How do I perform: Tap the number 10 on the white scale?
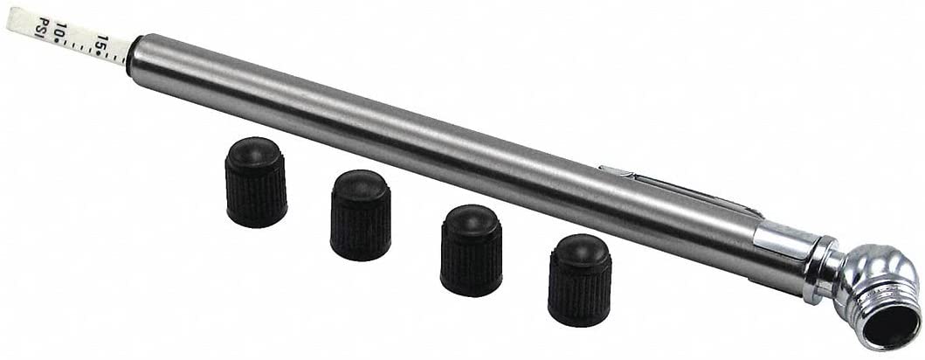coord(59,31)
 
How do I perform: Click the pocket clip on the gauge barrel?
coord(679,190)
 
